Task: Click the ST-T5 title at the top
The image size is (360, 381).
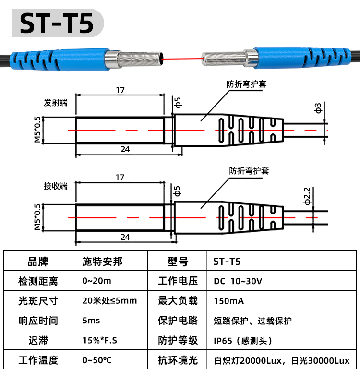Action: (x=57, y=23)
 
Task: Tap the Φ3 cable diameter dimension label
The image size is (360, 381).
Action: (x=318, y=108)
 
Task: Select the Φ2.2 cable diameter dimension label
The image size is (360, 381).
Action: (x=307, y=196)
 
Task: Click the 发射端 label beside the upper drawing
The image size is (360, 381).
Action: (x=55, y=103)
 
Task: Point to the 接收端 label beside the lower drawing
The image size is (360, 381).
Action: (x=55, y=186)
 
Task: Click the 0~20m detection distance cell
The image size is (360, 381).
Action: (x=97, y=281)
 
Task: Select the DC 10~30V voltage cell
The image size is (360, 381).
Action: (x=238, y=281)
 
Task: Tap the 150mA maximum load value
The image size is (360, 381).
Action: (x=229, y=301)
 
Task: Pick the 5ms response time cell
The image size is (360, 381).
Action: (x=91, y=321)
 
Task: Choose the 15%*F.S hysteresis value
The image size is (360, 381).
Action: (x=100, y=340)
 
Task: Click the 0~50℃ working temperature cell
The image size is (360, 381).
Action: (x=97, y=360)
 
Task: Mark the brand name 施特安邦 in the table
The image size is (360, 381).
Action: (x=102, y=262)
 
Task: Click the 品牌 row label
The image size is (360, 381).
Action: (x=38, y=262)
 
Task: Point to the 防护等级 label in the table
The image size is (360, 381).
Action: (x=178, y=340)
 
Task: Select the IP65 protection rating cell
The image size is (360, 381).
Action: (x=243, y=341)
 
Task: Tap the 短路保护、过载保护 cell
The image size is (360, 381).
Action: (x=253, y=321)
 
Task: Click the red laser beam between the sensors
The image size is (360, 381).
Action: (x=182, y=59)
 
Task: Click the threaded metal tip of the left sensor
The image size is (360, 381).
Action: (x=139, y=59)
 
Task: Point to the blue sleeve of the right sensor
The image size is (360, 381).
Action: (x=302, y=58)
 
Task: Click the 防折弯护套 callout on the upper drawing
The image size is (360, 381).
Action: (x=246, y=84)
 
